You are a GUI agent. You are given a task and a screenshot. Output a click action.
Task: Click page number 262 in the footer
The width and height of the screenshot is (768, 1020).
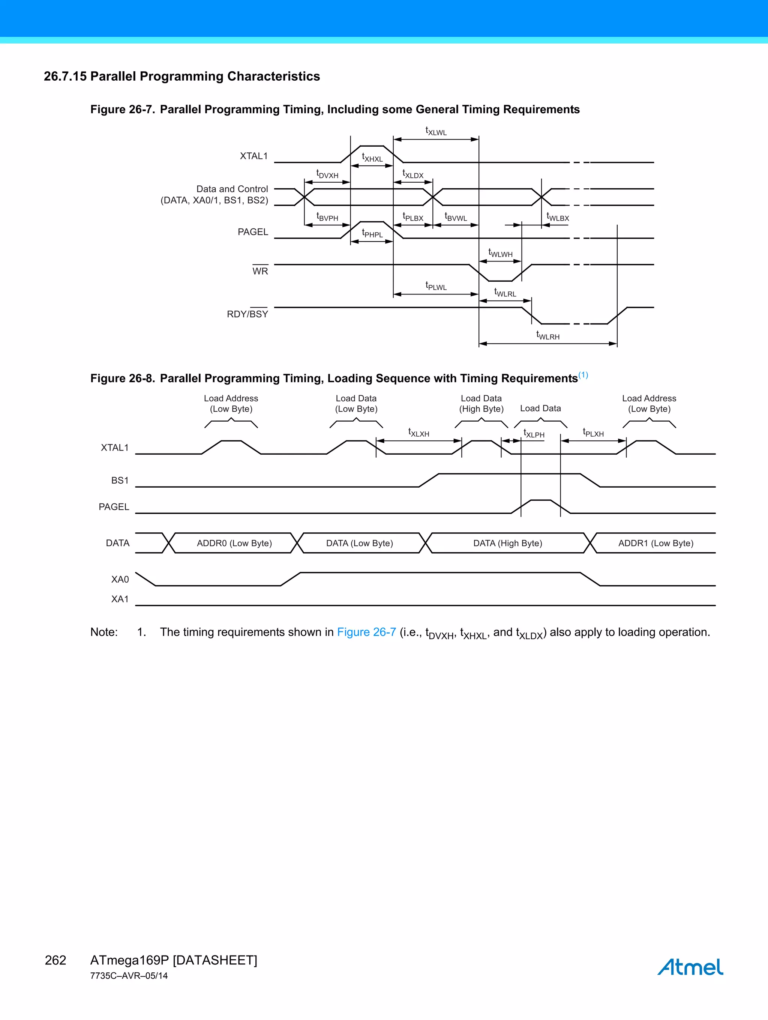[x=55, y=960]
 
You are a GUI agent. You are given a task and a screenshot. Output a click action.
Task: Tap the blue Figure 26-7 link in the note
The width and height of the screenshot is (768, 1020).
[x=366, y=632]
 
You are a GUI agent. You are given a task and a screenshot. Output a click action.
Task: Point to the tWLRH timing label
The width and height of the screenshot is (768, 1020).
[x=547, y=336]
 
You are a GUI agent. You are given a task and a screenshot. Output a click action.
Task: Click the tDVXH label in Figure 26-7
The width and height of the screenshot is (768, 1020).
[x=327, y=174]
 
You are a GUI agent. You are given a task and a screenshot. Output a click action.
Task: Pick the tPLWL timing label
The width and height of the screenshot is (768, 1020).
[x=436, y=286]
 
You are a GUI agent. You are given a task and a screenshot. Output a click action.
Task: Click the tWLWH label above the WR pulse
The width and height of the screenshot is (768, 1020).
[x=500, y=253]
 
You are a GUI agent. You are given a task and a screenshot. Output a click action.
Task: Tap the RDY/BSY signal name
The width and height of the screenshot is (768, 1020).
[x=247, y=314]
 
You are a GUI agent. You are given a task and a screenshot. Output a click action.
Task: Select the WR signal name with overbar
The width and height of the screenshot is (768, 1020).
[x=260, y=271]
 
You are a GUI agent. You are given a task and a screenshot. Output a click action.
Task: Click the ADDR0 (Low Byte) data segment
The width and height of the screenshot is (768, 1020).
[x=234, y=543]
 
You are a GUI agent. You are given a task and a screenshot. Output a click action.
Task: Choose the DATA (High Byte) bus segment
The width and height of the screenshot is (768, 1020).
[x=507, y=543]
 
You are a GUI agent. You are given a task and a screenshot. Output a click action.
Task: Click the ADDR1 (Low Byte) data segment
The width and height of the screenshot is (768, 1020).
[x=655, y=543]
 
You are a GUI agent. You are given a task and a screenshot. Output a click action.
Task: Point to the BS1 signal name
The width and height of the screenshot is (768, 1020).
[x=120, y=481]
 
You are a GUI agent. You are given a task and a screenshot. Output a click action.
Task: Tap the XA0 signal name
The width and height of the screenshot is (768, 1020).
[x=120, y=580]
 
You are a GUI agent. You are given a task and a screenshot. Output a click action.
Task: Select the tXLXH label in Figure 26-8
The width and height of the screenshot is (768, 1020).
[x=418, y=433]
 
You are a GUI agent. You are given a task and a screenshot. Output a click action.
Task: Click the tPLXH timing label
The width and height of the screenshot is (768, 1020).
[x=593, y=433]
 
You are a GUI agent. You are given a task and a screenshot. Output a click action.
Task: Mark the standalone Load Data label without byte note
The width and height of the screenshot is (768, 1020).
[x=540, y=409]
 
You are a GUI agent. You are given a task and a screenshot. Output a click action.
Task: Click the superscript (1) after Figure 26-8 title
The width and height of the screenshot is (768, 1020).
[x=583, y=375]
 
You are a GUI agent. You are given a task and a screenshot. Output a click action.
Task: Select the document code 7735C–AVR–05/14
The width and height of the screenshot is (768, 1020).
[x=129, y=976]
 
